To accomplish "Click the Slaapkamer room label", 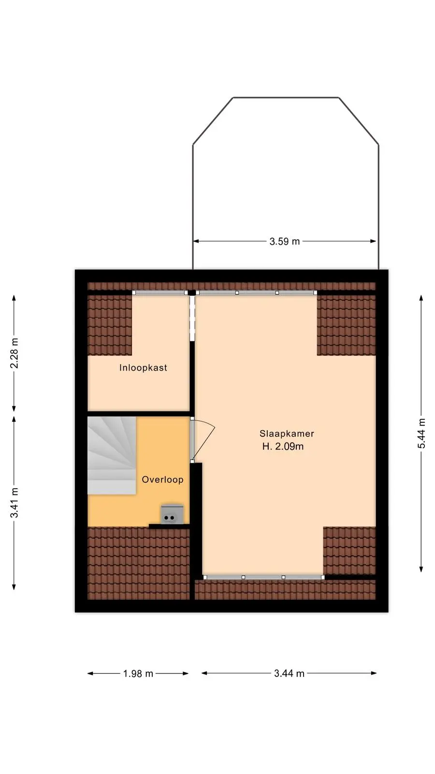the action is [x=287, y=433].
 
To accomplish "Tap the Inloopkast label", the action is [x=143, y=368].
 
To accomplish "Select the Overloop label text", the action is [x=162, y=479].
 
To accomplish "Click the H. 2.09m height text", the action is [x=283, y=447].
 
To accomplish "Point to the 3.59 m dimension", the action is [x=285, y=241].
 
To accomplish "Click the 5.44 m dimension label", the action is [x=421, y=433].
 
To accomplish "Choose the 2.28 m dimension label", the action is [x=14, y=353].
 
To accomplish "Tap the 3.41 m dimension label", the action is [x=14, y=503].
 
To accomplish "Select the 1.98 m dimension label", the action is [x=138, y=673].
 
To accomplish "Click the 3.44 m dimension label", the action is [x=290, y=673].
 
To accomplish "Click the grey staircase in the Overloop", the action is [x=111, y=455].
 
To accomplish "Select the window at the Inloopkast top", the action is [x=160, y=293].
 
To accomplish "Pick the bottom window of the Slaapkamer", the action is [x=264, y=577].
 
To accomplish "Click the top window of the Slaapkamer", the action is [x=257, y=293].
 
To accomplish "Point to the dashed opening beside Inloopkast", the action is [x=192, y=318].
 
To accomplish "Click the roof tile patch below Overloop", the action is [x=138, y=563].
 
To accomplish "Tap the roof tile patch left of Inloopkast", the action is [x=110, y=325].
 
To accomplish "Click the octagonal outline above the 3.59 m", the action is [x=286, y=97].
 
